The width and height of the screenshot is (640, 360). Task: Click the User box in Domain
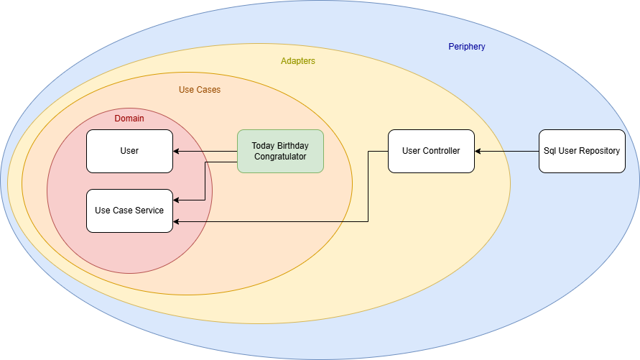coord(129,151)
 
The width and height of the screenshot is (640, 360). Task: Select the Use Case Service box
coord(129,211)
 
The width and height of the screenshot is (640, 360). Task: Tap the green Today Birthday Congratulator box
coord(280,151)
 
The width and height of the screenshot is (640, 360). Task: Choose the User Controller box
coord(431,151)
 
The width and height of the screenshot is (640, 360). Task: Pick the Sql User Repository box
coord(582,151)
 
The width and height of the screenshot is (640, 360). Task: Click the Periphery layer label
coord(467,47)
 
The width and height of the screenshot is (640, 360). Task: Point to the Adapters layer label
coord(298,61)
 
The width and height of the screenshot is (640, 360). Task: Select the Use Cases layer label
coord(200,90)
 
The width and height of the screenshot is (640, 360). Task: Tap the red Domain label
coord(129,119)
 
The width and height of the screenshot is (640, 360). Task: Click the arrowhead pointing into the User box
coord(177,151)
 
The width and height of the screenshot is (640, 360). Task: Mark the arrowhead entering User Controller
coord(478,151)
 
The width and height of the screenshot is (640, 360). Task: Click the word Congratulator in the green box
coord(280,157)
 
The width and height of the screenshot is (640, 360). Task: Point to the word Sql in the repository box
coord(552,151)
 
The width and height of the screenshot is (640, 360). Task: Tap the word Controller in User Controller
coord(442,151)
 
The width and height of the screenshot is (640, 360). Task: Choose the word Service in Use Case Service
coord(149,211)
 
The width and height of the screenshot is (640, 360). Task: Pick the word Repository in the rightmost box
coord(600,151)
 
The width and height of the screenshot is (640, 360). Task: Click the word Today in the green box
coord(264,146)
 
